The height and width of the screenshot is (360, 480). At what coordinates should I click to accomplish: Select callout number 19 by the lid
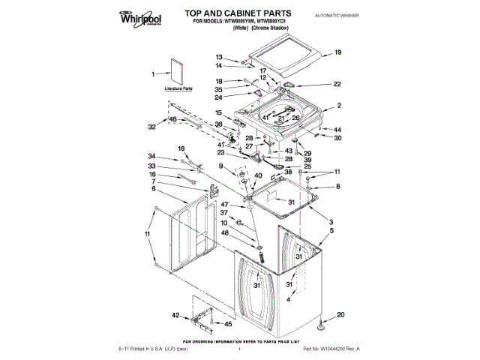[337, 52]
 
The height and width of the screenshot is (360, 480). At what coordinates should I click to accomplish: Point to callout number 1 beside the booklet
[153, 74]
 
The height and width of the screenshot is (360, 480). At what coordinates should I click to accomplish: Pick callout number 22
[337, 84]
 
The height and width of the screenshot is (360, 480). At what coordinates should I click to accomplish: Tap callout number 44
[337, 129]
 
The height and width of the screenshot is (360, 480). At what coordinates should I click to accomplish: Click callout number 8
[337, 186]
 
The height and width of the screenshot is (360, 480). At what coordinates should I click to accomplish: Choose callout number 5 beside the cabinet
[330, 232]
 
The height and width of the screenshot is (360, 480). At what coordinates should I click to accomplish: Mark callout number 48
[224, 232]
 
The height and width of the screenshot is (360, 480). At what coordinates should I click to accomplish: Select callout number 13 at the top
[219, 58]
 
